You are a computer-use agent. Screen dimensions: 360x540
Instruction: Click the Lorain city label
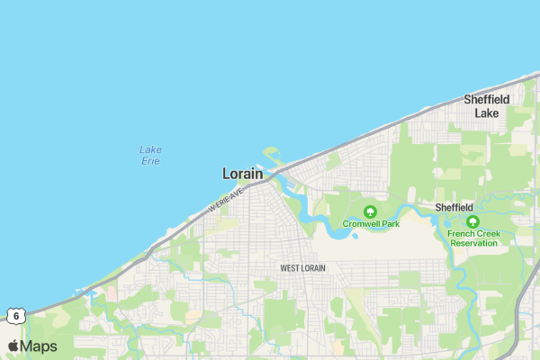pos(243,174)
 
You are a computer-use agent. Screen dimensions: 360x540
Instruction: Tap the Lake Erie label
pos(151,155)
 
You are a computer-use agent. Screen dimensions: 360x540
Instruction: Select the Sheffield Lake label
pos(487,106)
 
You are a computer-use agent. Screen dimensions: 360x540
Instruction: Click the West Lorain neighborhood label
pos(303,268)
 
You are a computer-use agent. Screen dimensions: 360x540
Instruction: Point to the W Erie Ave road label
pos(226,199)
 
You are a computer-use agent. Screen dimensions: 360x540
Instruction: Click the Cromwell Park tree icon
pos(370,211)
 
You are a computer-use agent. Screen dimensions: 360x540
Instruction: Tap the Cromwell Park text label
pos(371,223)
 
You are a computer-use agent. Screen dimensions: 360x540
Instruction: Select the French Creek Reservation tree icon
pos(472,221)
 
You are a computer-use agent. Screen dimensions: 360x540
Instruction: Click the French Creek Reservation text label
pos(473,238)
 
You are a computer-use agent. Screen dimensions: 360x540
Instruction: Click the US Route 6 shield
pos(15,316)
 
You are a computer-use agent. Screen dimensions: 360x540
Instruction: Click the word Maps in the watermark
pos(39,346)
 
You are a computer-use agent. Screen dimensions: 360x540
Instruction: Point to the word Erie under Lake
pos(151,161)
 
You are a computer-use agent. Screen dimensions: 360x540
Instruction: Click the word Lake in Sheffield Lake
pos(487,113)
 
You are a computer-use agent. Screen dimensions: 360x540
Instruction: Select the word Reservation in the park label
pos(473,243)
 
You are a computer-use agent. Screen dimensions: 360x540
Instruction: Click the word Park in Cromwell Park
pos(388,223)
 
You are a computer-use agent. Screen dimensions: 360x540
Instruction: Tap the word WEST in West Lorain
pos(290,268)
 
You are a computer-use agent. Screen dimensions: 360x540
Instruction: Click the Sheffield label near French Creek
pos(454,207)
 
